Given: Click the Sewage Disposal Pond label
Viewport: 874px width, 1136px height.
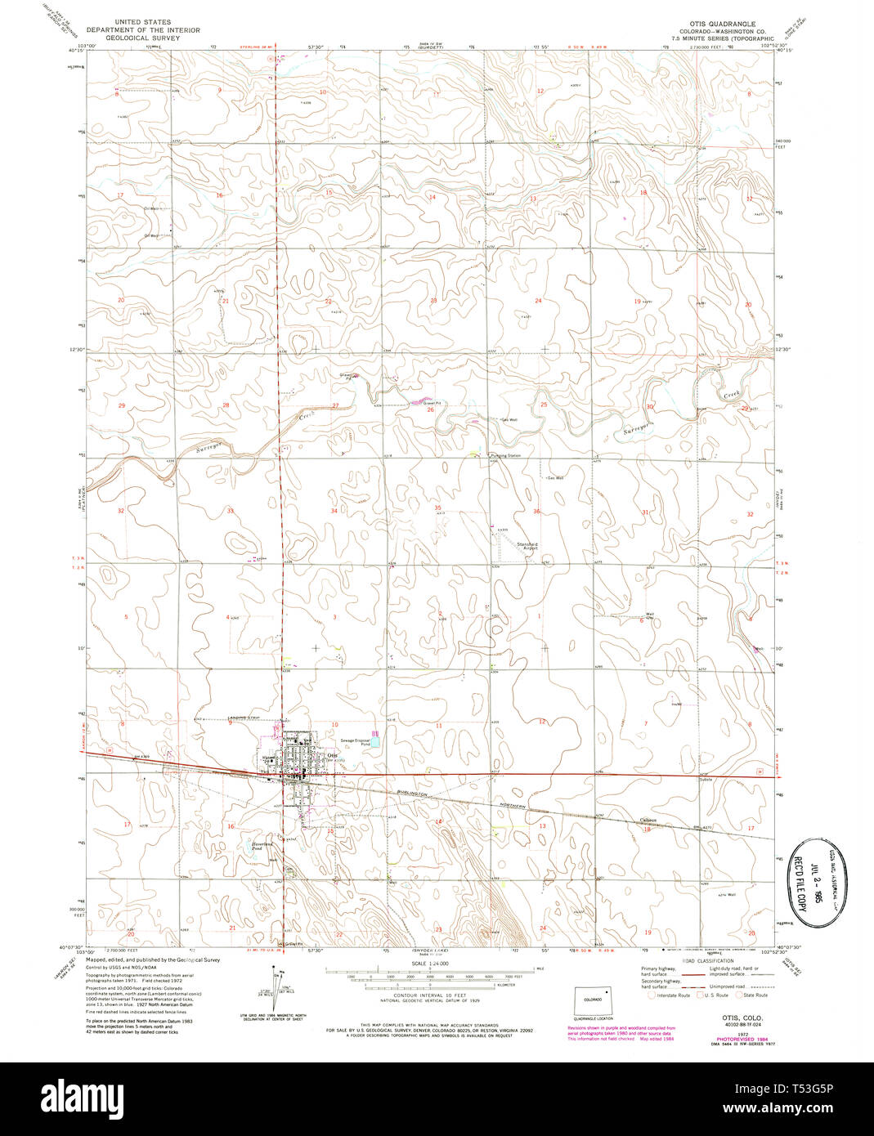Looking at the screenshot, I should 356,743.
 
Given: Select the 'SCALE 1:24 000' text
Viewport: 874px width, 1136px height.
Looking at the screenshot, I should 428,965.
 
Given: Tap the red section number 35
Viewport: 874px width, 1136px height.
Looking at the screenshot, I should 437,508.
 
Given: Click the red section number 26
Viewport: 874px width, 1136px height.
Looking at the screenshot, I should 430,409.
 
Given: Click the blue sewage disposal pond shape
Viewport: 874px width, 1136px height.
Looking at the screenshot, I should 374,735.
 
